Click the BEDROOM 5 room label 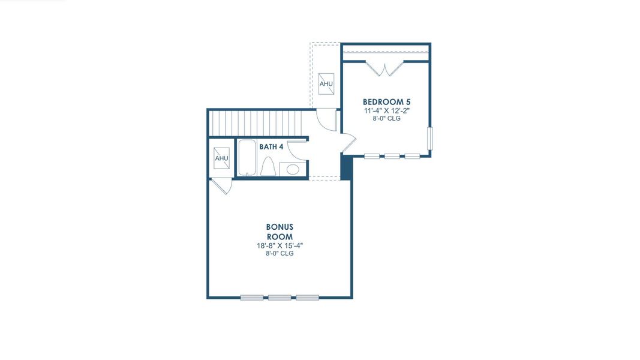click(x=386, y=101)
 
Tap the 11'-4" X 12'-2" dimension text click(x=386, y=110)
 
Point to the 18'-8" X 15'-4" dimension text click(x=280, y=245)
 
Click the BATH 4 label click(x=271, y=146)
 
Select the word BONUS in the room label click(x=280, y=227)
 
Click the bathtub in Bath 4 click(x=247, y=157)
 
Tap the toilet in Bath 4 click(x=269, y=166)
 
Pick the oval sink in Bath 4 click(x=293, y=169)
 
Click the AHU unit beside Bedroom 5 click(x=326, y=83)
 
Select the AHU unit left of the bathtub click(x=222, y=158)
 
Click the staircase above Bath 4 click(x=258, y=123)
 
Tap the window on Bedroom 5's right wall click(x=429, y=139)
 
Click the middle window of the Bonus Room click(x=280, y=297)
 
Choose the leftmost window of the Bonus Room click(x=252, y=297)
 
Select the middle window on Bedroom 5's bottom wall click(x=392, y=156)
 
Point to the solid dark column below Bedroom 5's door click(x=347, y=167)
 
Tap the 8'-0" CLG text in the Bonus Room click(x=280, y=253)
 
